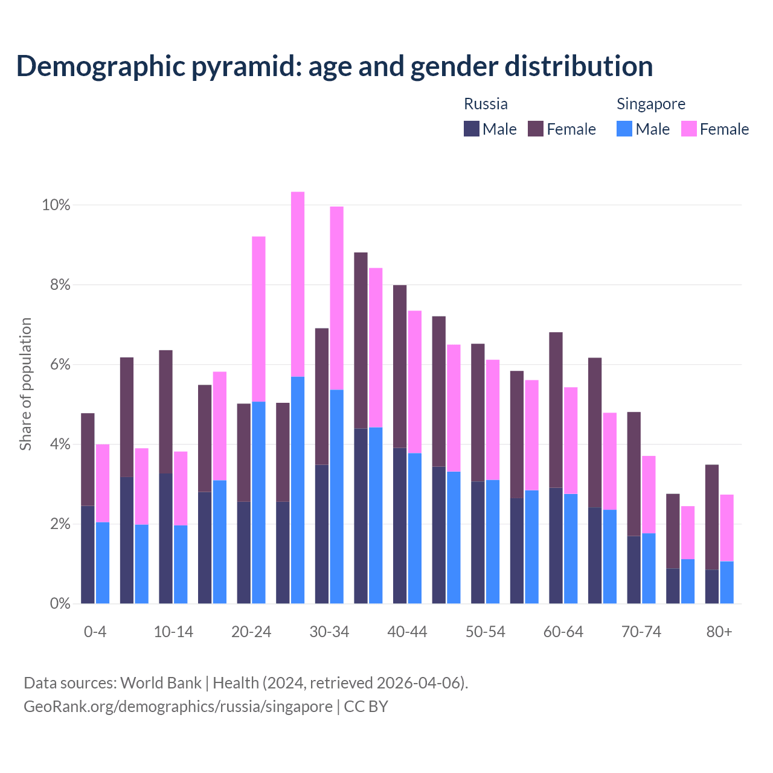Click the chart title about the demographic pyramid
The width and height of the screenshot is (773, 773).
[x=335, y=66]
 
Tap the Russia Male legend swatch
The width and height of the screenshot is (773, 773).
[x=472, y=129]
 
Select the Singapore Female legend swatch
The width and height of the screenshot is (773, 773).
[x=689, y=129]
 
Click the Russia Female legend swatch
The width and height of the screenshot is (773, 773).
[x=536, y=129]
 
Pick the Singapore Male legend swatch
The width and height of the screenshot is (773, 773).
[x=624, y=129]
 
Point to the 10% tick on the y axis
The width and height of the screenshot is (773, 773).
[x=56, y=205]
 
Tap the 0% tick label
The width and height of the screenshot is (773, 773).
[x=59, y=603]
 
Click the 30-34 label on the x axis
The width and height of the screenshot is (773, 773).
[x=329, y=632]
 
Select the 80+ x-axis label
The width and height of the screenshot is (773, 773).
[x=719, y=632]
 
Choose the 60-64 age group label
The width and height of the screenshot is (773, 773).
[x=563, y=632]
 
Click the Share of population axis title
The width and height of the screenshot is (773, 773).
[x=25, y=384]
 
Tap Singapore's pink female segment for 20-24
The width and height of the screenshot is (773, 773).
[x=258, y=319]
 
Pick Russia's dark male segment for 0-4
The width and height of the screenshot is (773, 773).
[x=88, y=554]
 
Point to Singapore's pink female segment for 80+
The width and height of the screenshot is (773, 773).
[x=726, y=528]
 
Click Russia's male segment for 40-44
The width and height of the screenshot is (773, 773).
[x=400, y=525]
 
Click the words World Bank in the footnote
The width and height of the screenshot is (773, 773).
[x=161, y=683]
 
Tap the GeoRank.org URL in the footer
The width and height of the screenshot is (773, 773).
[x=178, y=707]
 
